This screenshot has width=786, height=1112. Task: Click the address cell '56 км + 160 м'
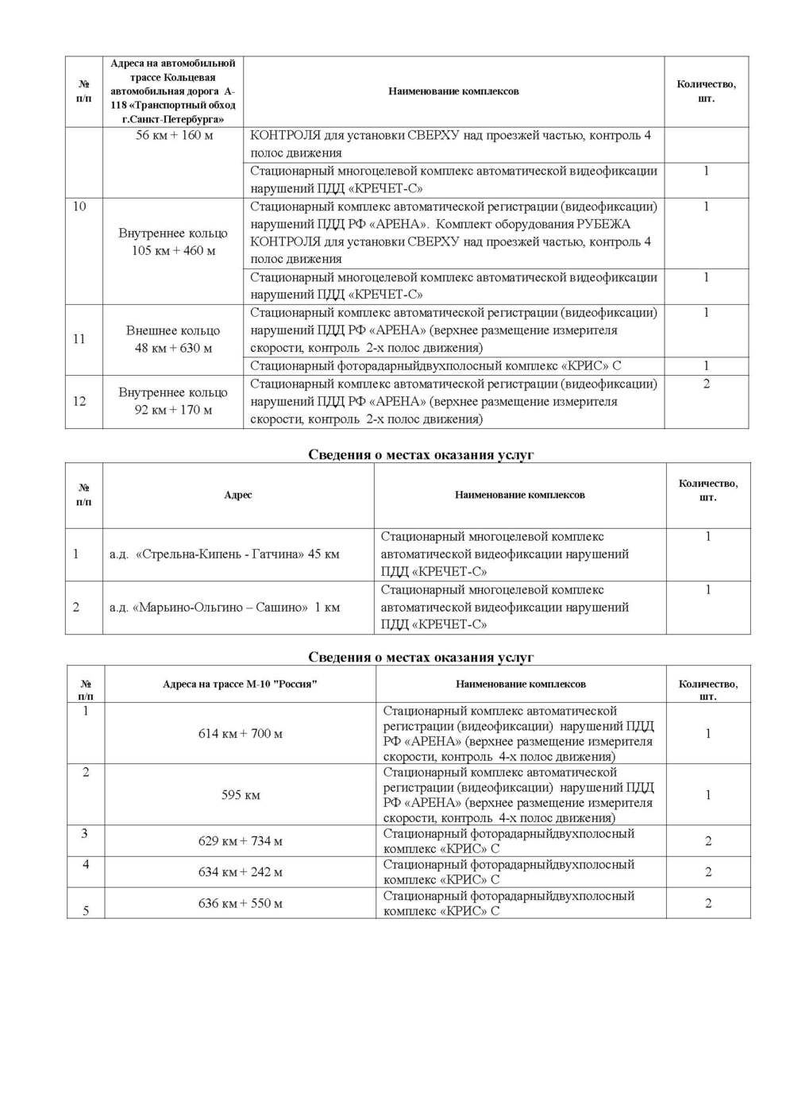coord(174,135)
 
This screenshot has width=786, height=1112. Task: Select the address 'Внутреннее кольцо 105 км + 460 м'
coord(173,241)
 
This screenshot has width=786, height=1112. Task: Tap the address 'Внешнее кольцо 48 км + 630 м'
coord(173,339)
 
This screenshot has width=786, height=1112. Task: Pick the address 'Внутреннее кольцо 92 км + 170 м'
coord(173,401)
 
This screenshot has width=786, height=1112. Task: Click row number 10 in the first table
coord(79,207)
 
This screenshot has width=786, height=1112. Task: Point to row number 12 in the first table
coord(79,401)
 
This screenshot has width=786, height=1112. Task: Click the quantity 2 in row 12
coord(707,384)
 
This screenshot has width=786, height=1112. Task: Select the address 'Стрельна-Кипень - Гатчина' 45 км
coord(225,554)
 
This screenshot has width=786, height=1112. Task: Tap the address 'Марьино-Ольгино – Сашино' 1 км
coord(225,608)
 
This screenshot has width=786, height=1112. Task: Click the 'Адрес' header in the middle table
coord(238,495)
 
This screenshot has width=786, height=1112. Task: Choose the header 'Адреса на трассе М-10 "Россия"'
coord(240,684)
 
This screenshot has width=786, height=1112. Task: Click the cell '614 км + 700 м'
coord(241,734)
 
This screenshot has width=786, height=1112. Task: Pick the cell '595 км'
coord(241,795)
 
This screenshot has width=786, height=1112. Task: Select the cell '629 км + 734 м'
coord(241,841)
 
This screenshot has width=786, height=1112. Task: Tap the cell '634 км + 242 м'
coord(241,872)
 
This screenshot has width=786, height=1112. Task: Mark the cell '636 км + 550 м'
coord(241,904)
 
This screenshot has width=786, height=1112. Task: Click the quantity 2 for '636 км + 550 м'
coord(708,904)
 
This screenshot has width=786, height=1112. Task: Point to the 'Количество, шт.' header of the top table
coord(706,91)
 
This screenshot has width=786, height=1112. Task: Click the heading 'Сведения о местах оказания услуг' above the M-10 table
coord(421,658)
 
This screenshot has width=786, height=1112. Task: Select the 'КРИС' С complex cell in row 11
coord(436,366)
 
